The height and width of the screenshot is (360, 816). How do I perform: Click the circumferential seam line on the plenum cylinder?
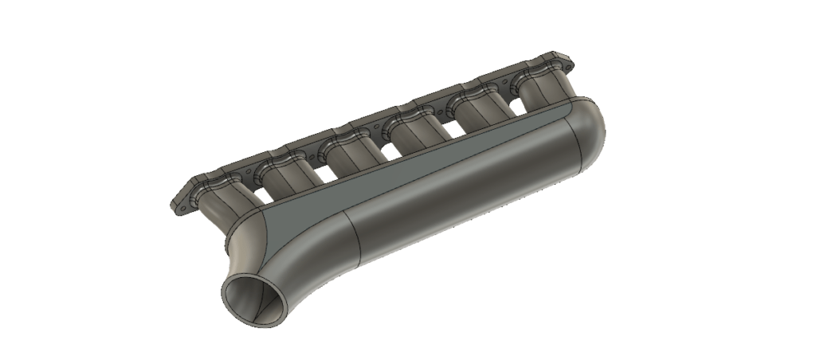354,239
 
